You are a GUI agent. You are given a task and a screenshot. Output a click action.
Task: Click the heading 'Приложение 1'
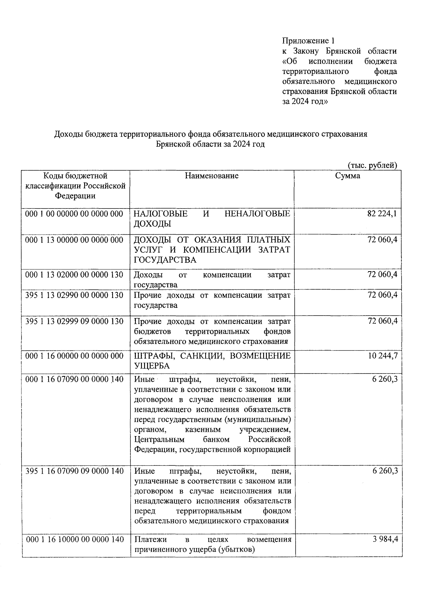(x=308, y=41)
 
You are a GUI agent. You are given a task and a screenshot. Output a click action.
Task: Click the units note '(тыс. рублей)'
(x=372, y=165)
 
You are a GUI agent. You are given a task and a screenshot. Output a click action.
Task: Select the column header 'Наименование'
(x=212, y=176)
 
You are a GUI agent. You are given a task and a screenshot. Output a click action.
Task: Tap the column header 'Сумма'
(x=347, y=176)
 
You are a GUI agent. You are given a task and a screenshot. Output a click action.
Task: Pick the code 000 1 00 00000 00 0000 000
(x=74, y=214)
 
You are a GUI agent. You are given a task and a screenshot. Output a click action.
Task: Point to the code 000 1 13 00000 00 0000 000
(x=74, y=240)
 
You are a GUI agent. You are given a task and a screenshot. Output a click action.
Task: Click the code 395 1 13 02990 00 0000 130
(x=74, y=295)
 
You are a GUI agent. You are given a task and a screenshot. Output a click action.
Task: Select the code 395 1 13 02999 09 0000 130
(x=74, y=321)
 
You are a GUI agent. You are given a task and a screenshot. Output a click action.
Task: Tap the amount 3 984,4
(x=385, y=539)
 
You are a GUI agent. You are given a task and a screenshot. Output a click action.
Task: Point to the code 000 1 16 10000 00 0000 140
(x=74, y=539)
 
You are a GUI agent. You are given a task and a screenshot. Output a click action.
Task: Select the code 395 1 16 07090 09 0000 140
(x=74, y=471)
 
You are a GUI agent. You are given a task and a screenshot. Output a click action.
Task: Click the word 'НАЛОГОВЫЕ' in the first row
(x=161, y=214)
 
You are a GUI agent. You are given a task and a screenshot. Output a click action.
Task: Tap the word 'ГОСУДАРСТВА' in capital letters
(x=165, y=260)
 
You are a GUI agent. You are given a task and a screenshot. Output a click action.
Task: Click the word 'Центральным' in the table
(x=159, y=439)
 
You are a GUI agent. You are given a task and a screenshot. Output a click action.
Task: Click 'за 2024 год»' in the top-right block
(x=304, y=102)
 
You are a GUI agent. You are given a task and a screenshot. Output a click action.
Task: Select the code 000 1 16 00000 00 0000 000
(x=74, y=356)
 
